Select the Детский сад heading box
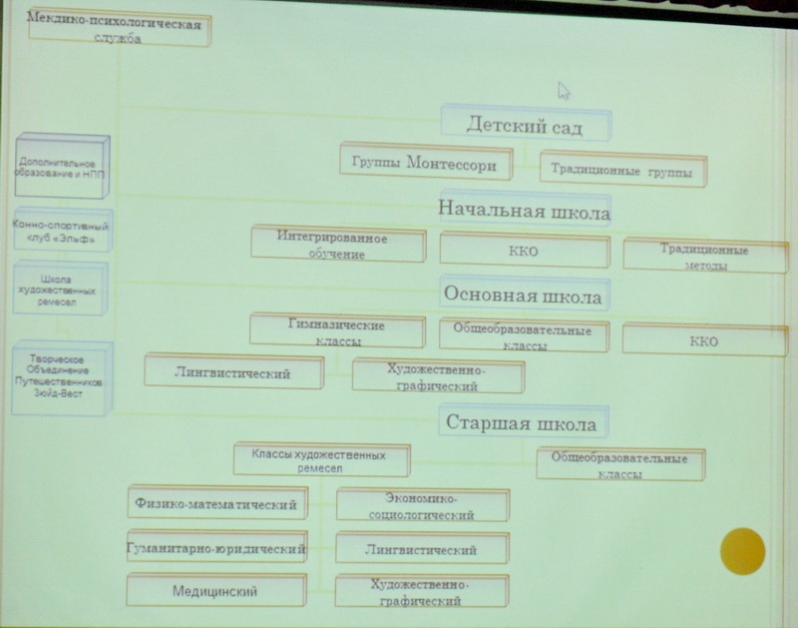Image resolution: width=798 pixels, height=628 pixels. [525, 126]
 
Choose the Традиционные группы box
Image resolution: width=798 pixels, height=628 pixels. [622, 171]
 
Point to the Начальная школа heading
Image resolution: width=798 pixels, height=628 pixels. [525, 212]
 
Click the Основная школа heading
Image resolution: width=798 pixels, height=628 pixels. [523, 297]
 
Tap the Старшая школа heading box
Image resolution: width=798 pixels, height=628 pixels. [523, 423]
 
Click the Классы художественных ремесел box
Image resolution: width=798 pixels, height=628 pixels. [322, 461]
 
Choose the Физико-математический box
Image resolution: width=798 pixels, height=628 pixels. [216, 505]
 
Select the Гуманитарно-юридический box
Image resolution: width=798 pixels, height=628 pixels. [216, 548]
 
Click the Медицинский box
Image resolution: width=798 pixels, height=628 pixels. [216, 591]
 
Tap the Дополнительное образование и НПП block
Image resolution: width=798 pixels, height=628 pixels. [62, 168]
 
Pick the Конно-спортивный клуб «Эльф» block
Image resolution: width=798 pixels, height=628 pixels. [62, 234]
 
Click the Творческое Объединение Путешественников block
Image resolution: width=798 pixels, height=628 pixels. [62, 376]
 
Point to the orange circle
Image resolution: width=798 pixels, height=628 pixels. [742, 551]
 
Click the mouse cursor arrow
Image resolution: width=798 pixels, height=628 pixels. [564, 91]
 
